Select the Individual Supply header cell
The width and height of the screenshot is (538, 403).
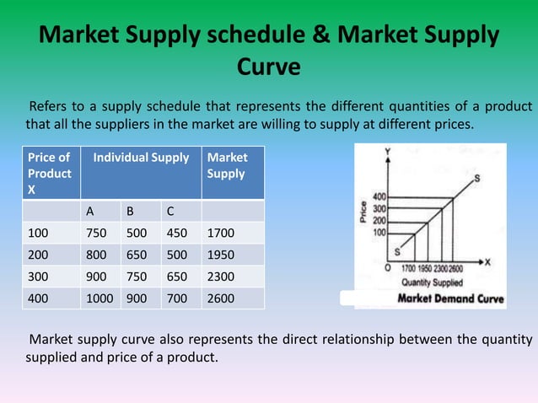(141, 158)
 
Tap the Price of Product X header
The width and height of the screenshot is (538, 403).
(49, 173)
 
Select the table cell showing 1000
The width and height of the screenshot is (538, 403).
(100, 298)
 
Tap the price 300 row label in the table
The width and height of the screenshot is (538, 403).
(38, 277)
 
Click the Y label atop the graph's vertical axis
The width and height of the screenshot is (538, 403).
(388, 152)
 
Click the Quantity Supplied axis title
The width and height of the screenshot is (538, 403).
(430, 282)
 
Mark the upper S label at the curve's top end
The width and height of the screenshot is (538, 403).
(477, 178)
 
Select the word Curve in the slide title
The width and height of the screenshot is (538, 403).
(268, 66)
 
